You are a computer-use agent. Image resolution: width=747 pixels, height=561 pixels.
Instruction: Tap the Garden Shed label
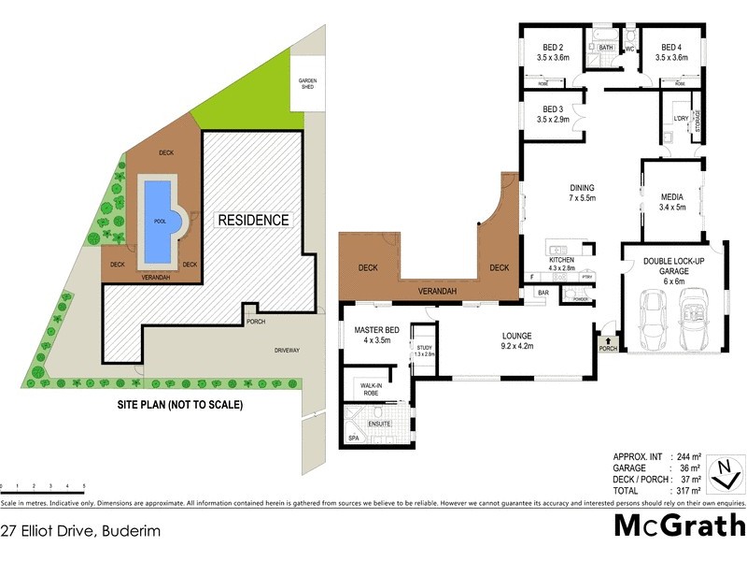[307, 83]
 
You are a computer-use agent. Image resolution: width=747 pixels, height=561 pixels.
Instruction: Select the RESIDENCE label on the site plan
[254, 221]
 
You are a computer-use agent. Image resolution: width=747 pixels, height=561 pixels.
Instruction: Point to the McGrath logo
[679, 525]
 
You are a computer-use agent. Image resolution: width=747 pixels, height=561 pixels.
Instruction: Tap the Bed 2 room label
[552, 52]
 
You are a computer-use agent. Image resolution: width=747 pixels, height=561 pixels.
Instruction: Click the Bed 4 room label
[671, 52]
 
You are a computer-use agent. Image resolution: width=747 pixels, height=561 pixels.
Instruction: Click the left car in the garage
[651, 320]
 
